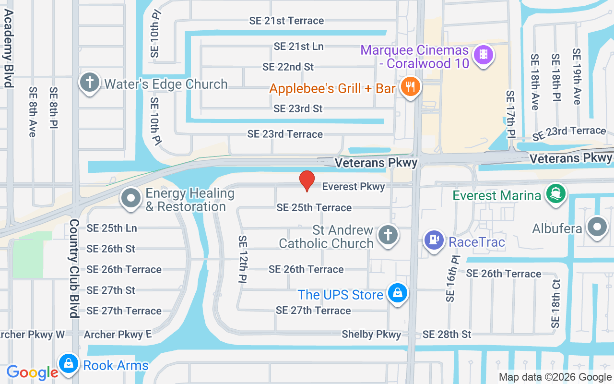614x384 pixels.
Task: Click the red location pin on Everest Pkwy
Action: click(307, 181)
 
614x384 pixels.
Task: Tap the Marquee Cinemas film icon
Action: click(484, 54)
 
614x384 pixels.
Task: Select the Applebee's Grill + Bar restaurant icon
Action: click(410, 87)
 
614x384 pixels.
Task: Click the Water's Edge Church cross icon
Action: click(89, 82)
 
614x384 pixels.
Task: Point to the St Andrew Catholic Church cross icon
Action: click(388, 235)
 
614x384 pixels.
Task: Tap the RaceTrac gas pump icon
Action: click(434, 240)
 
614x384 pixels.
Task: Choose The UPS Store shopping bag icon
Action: click(398, 292)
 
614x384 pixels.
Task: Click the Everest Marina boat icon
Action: click(556, 194)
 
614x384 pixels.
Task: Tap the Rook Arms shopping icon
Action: click(69, 363)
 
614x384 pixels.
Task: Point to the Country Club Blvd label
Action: click(74, 269)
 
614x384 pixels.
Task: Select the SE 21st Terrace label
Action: click(286, 21)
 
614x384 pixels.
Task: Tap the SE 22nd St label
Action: click(288, 67)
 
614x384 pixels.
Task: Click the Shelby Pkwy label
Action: click(371, 334)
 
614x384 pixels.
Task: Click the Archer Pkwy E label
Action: click(118, 334)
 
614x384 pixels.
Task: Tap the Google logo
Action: click(32, 372)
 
